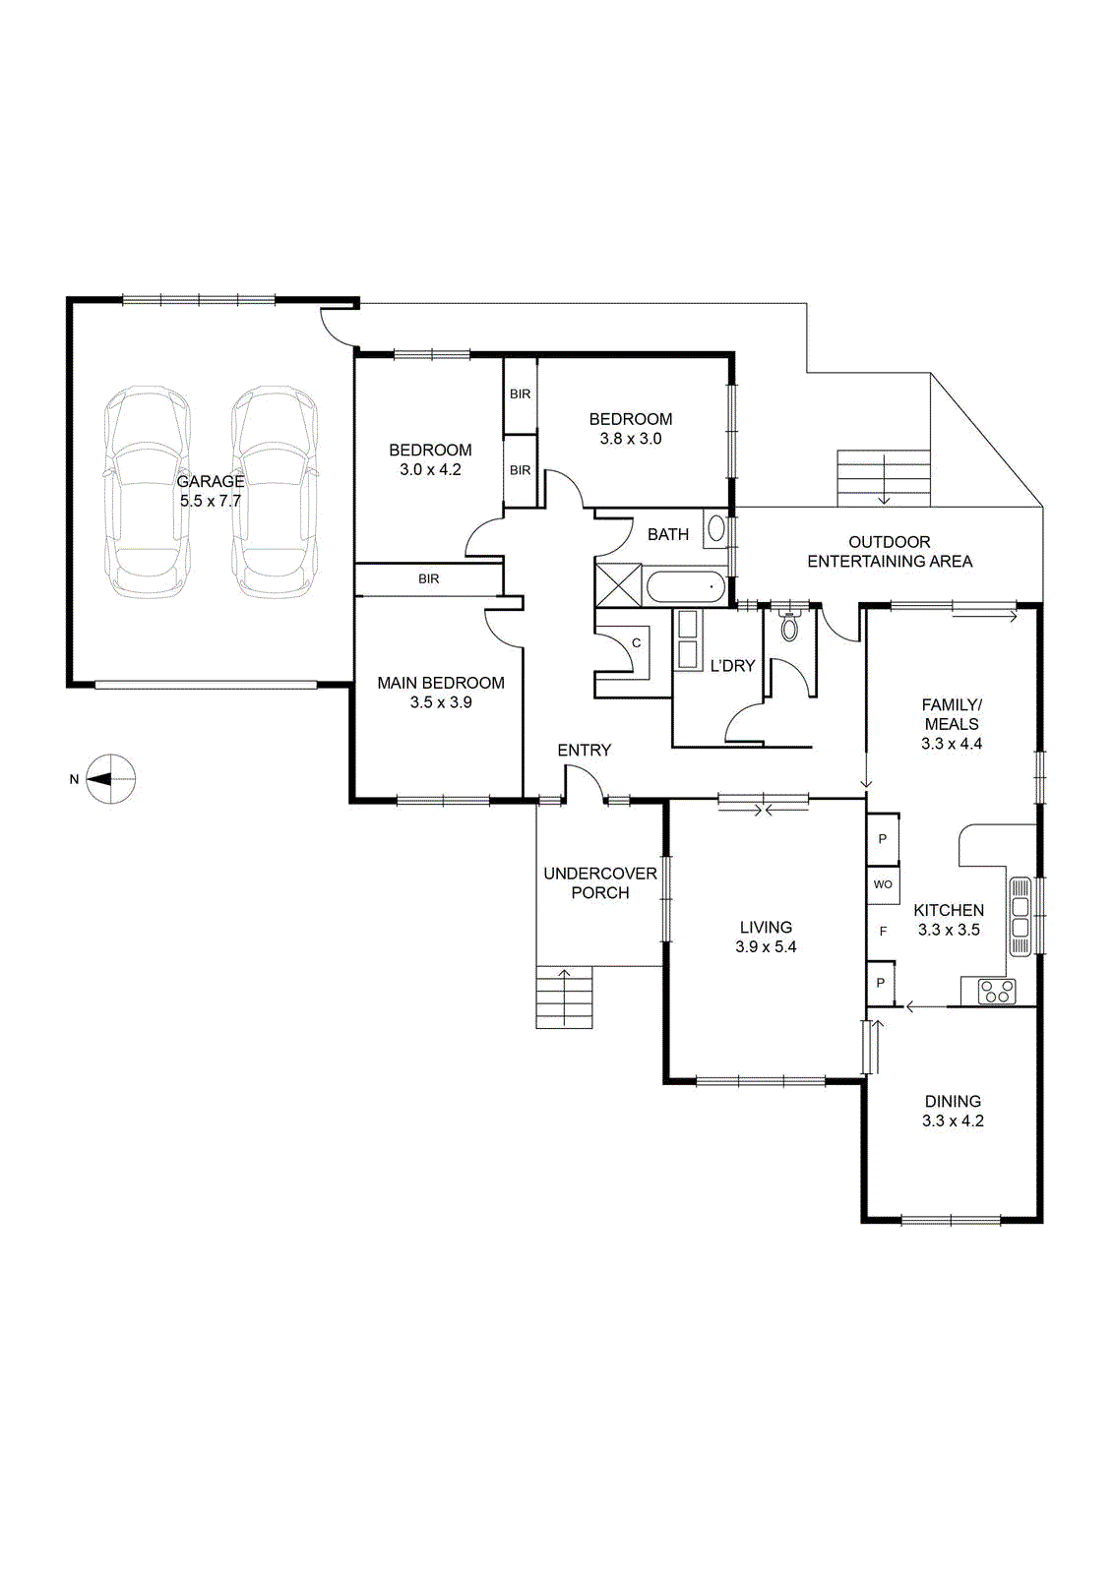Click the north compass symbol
pos(109,778)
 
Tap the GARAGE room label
pos(211,481)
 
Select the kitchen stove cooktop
pos(997,992)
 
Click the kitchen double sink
pos(1020,916)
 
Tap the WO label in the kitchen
pos(883,884)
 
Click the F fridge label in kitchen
pos(884,931)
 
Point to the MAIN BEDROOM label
pos(441,683)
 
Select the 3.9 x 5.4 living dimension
pos(766,946)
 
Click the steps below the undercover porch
pos(564,998)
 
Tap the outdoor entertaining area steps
pos(884,478)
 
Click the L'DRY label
pos(732,665)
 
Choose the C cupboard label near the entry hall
pos(636,643)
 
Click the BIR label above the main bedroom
pos(429,579)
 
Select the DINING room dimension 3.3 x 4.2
pos(953,1120)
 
